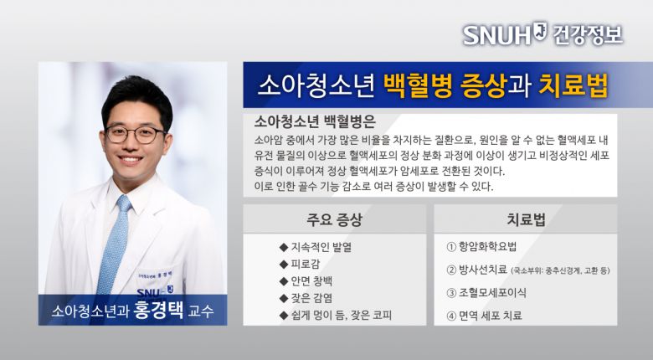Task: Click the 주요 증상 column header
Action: (x=334, y=220)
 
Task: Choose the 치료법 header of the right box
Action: (x=526, y=220)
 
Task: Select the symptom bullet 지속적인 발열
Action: (x=319, y=247)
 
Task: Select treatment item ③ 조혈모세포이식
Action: (x=493, y=293)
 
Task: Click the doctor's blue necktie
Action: (x=114, y=243)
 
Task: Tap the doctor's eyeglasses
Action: (x=136, y=134)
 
